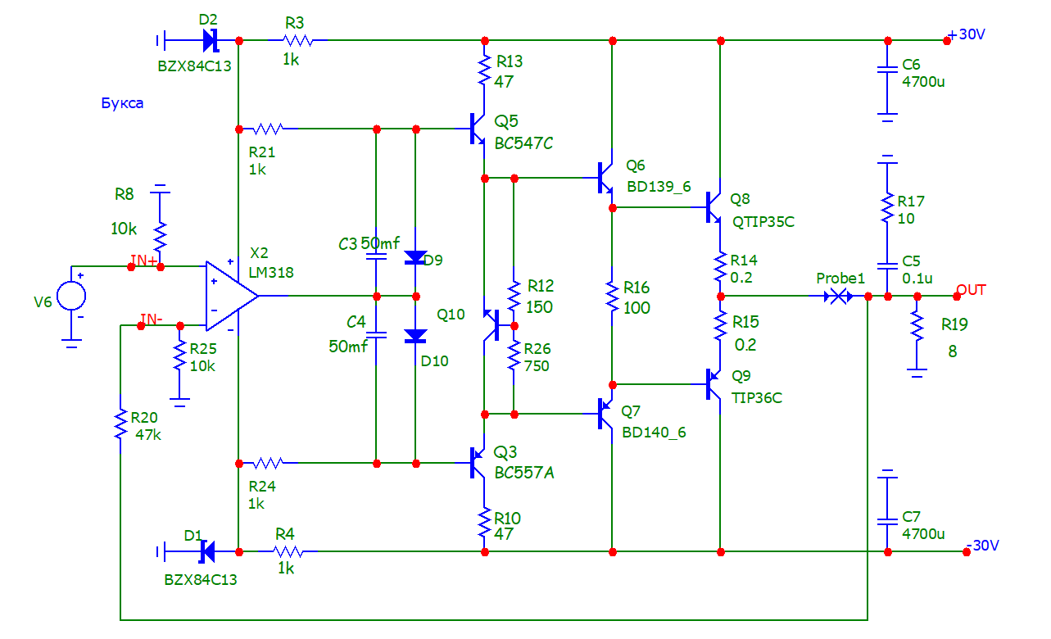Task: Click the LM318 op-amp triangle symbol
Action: tap(230, 296)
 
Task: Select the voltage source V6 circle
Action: tap(71, 296)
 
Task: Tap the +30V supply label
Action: tap(966, 36)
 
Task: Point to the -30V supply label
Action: tap(983, 546)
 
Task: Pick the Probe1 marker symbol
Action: tap(837, 296)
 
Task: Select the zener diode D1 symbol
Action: tap(206, 551)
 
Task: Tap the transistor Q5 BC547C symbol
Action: tap(478, 129)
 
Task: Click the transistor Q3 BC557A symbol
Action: tap(477, 463)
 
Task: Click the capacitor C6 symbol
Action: tap(887, 70)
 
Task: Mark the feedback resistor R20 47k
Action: tap(120, 424)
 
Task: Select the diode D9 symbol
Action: tap(416, 258)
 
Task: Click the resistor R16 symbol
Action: tap(611, 296)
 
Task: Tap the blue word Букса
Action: tap(122, 104)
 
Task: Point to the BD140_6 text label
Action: tap(654, 433)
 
